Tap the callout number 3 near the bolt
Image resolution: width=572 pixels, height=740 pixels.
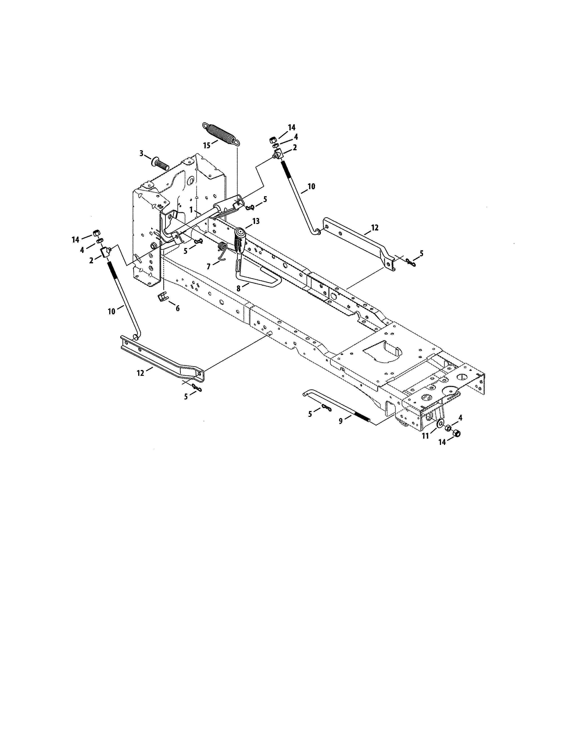[142, 153]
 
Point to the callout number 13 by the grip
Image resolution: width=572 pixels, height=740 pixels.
[256, 221]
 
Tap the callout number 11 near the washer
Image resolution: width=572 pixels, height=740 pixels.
[425, 436]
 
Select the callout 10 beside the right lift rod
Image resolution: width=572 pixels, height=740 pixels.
[311, 186]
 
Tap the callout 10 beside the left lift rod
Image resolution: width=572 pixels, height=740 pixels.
[111, 311]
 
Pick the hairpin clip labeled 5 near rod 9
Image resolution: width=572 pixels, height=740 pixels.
[326, 407]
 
